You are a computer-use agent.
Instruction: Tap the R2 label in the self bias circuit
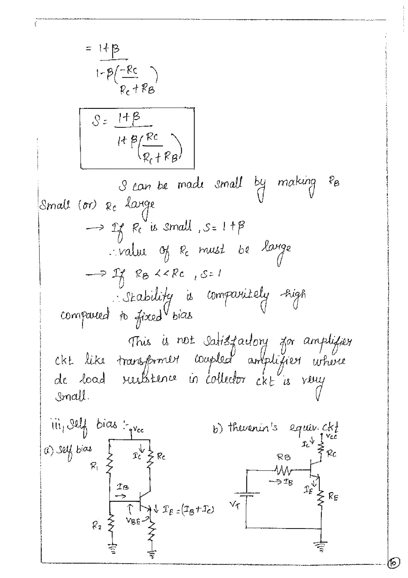97,526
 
